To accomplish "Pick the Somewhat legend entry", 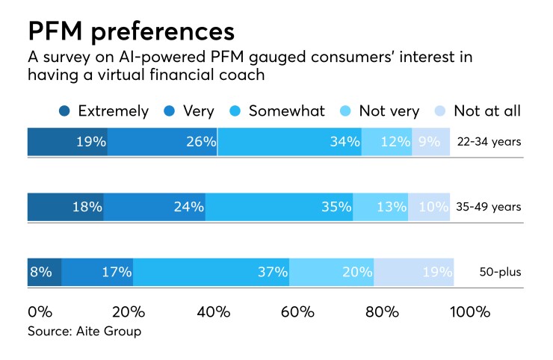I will pos(277,111).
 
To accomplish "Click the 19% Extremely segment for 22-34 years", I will pos(67,141).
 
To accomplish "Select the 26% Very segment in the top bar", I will pos(162,141).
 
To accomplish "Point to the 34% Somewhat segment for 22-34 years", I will pos(290,141).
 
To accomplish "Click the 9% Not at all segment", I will pos(431,141).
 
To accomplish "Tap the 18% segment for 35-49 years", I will pos(66,207).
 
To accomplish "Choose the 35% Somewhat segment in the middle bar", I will pos(279,207).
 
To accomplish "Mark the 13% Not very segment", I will pos(380,207).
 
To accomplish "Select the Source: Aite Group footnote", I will pos(84,331).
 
